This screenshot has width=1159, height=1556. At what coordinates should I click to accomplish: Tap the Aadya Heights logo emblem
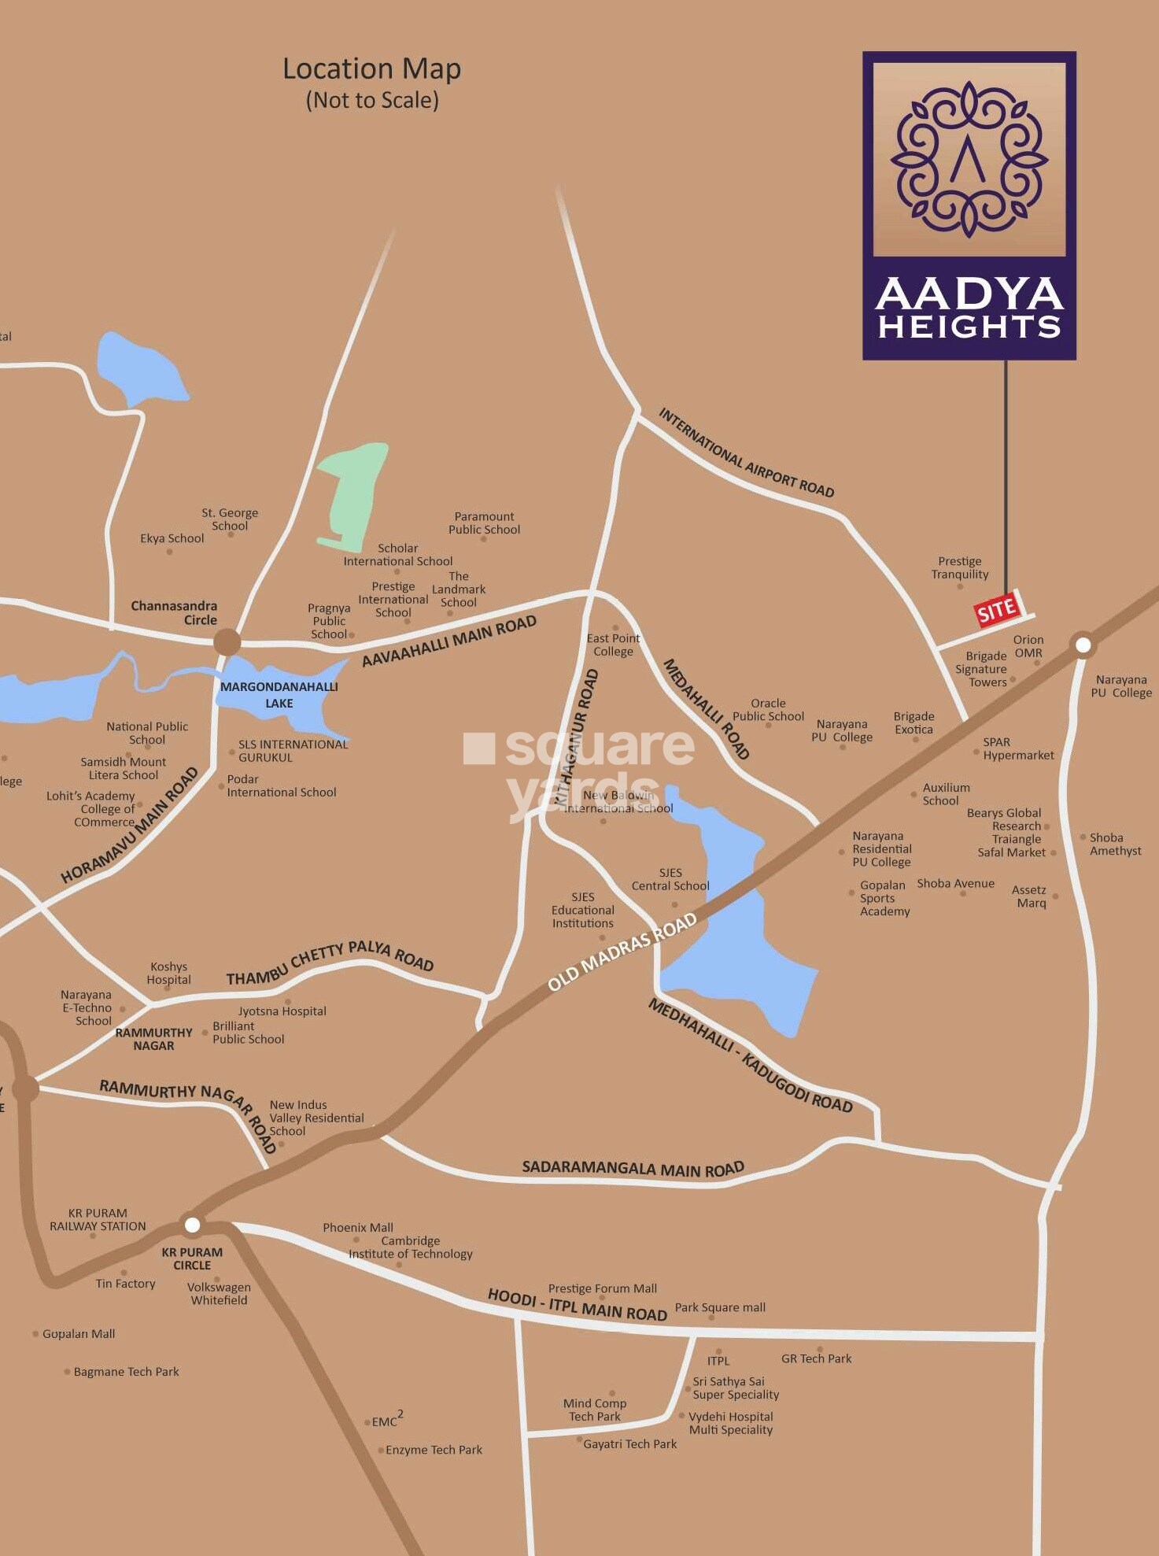[969, 160]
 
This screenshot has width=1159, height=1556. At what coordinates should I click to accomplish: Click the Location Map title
[371, 69]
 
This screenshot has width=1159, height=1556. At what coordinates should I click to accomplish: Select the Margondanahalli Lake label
[279, 694]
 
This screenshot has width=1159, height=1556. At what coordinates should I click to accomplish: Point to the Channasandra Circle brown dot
[227, 642]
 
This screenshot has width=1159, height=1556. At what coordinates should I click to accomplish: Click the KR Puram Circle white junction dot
[192, 1225]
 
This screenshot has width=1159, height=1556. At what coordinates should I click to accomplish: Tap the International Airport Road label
[745, 453]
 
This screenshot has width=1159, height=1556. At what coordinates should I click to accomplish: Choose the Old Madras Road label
[622, 952]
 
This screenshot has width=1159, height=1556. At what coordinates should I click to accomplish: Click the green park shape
[352, 496]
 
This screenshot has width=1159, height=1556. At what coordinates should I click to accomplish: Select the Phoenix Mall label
[357, 1227]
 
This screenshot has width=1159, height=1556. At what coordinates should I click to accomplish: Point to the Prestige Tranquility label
[959, 567]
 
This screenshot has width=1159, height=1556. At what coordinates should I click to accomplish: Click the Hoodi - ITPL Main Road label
[577, 1305]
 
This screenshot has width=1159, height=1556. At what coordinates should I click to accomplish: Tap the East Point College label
[613, 645]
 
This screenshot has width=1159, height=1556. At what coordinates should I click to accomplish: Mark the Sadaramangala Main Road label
[633, 1168]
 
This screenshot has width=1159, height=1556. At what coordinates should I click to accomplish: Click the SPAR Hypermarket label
[1017, 748]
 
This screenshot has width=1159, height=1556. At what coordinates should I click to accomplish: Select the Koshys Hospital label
[168, 973]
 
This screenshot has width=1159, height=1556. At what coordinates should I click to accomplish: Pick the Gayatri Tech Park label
[629, 1443]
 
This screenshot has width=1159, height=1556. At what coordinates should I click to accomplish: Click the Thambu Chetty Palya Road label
[330, 963]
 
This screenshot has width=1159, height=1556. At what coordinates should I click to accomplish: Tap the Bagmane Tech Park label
[126, 1371]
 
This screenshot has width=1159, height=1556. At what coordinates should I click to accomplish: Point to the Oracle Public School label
[768, 709]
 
